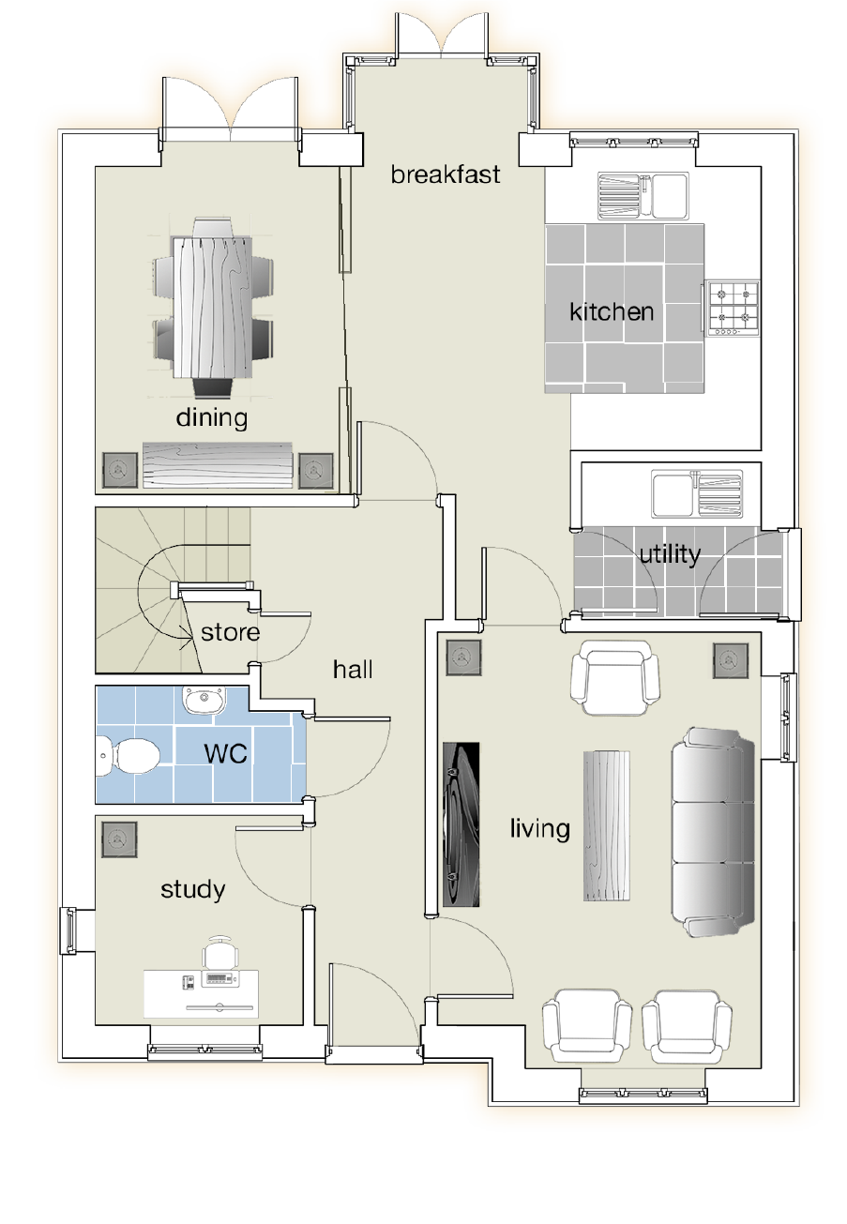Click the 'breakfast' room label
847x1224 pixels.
tap(446, 174)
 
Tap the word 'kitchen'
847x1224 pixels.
tap(612, 312)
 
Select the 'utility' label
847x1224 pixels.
tap(670, 555)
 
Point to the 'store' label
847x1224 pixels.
tap(230, 633)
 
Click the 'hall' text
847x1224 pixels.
tap(353, 670)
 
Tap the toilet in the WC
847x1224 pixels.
tap(129, 756)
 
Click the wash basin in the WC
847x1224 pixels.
tap(204, 700)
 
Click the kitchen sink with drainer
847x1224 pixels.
tap(643, 196)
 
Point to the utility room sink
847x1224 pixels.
tap(697, 494)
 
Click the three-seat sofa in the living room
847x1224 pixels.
tap(713, 832)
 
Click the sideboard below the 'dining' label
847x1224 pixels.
tap(218, 465)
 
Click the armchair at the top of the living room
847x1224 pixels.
tap(614, 677)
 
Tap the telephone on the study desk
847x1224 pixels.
tap(188, 982)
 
